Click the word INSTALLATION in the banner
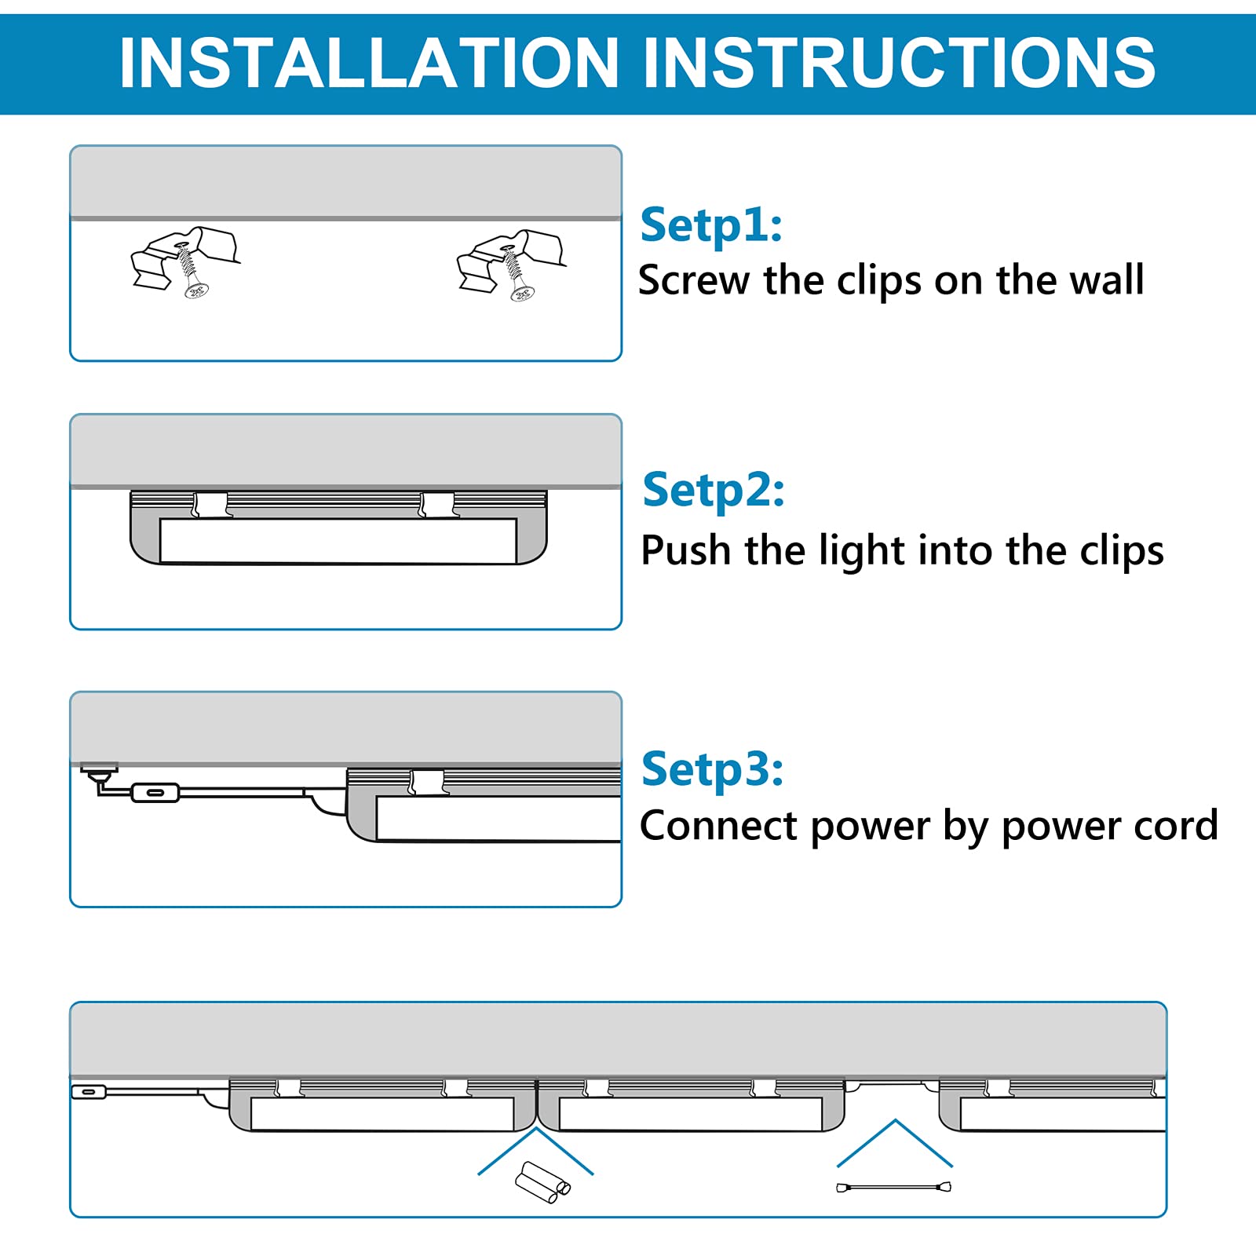click(369, 63)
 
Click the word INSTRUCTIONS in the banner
click(899, 63)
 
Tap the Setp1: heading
click(710, 225)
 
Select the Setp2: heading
click(713, 491)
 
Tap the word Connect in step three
click(718, 827)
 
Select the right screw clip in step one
click(511, 264)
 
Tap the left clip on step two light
click(210, 504)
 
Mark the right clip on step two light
click(437, 504)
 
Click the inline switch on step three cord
click(155, 793)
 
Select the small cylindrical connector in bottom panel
click(542, 1182)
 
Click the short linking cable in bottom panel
click(893, 1187)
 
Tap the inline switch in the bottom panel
click(89, 1092)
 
